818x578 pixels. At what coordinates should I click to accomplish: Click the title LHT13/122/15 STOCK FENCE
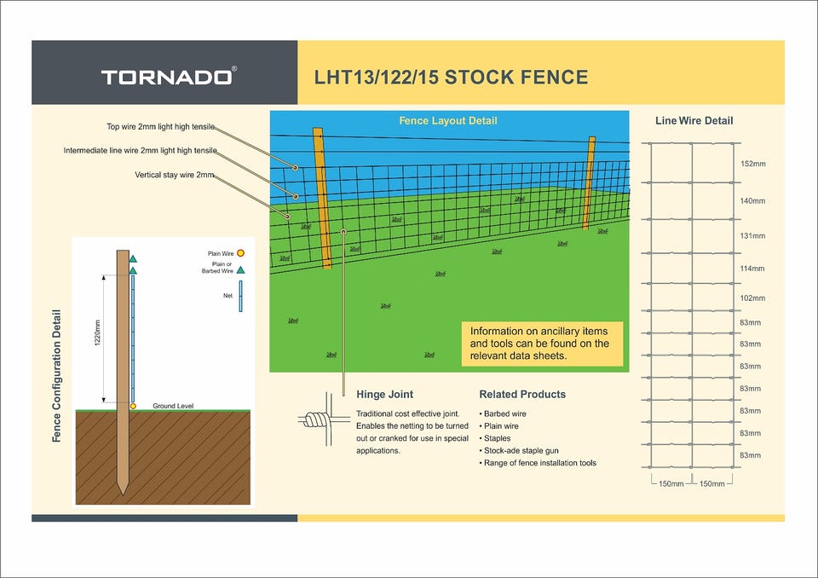(451, 78)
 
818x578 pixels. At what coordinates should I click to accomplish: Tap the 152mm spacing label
(752, 164)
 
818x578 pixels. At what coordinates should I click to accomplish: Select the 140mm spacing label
(752, 201)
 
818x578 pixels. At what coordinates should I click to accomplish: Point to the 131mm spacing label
(752, 236)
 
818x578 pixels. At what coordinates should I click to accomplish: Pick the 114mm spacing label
(752, 269)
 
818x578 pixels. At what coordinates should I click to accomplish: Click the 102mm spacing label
(752, 298)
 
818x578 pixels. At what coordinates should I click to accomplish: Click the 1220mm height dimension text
(97, 333)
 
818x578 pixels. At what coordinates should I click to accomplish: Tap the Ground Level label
(173, 406)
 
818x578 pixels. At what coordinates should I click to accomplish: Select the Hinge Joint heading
(384, 394)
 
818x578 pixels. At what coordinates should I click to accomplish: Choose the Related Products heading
(522, 394)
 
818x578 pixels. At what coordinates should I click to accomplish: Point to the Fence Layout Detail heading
(447, 120)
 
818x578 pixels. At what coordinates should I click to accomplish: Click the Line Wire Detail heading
(694, 120)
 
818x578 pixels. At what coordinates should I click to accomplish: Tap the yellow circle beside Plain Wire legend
(240, 253)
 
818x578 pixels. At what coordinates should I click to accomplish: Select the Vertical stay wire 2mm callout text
(174, 175)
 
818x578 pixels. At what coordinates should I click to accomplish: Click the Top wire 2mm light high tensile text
(160, 127)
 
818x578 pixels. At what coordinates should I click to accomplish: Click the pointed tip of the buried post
(123, 494)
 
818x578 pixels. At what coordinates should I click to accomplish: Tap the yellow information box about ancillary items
(542, 344)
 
